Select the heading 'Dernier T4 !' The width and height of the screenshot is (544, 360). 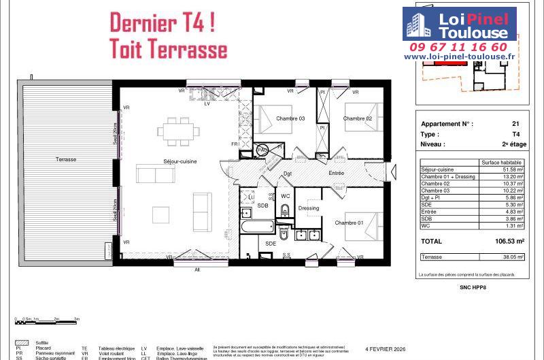163,22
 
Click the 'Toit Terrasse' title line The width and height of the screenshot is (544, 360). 168,50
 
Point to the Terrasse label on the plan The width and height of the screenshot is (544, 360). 66,159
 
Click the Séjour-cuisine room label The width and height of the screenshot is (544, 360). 160,161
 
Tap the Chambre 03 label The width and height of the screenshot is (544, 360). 290,118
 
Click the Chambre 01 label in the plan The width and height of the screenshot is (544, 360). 348,223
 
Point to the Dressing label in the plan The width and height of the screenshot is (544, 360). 308,208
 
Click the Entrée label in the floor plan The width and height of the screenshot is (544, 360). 336,174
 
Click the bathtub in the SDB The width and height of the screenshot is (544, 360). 257,227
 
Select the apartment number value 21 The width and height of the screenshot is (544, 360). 515,124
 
